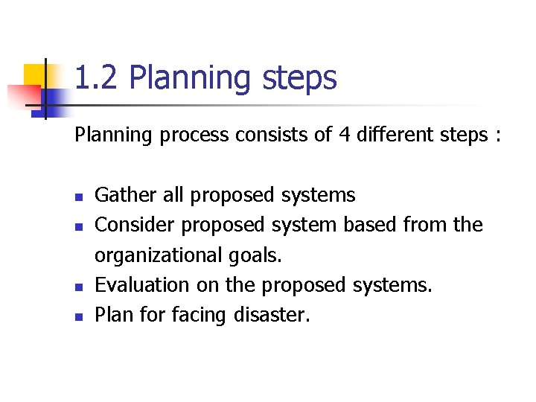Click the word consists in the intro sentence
tap(267, 135)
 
